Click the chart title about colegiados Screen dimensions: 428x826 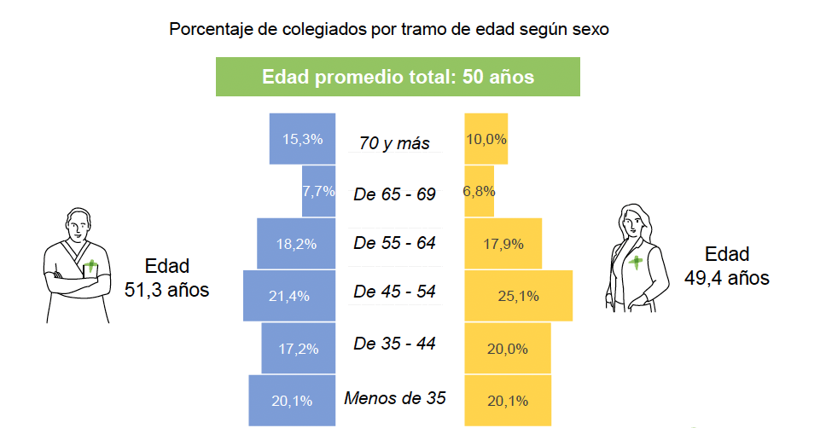coord(388,30)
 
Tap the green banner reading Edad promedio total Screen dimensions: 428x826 coord(398,77)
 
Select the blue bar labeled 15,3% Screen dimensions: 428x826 coord(305,138)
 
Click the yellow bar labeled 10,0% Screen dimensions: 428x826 coord(486,138)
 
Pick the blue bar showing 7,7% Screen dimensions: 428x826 coord(318,191)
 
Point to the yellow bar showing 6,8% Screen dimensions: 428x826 coord(480,191)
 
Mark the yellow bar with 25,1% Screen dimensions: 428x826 coord(518,296)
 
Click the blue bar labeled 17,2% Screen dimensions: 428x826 coord(298,348)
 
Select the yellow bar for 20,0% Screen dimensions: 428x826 coord(508,348)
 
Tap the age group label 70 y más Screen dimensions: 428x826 coord(394,143)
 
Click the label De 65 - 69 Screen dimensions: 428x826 coord(394,194)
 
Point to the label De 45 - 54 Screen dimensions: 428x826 coord(394,292)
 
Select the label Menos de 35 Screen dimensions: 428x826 coord(395,397)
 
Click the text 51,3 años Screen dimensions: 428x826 coord(167,290)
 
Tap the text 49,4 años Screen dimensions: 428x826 coord(727,278)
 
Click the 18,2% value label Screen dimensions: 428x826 coord(296,244)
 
